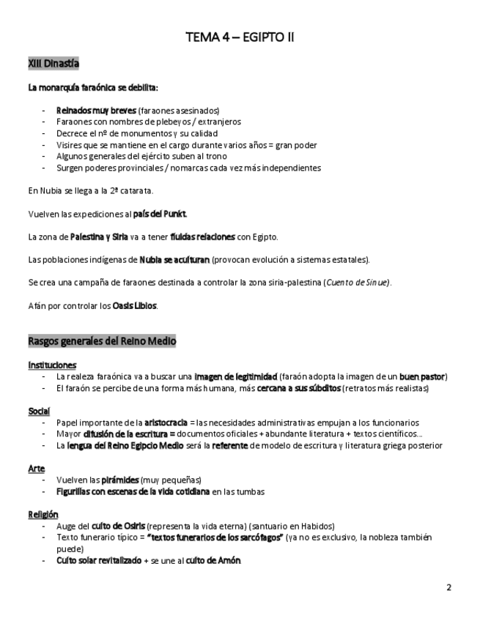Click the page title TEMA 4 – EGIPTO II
click(240, 37)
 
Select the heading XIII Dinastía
click(53, 64)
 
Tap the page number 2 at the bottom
click(448, 587)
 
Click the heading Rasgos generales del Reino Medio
click(102, 341)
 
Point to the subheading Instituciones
click(52, 365)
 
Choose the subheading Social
click(39, 411)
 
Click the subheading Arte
click(37, 469)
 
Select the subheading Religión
click(43, 514)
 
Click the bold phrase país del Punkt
click(160, 214)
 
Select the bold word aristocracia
click(166, 423)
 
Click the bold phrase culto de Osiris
click(118, 526)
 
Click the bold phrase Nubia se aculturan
click(174, 260)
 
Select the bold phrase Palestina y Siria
click(99, 237)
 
